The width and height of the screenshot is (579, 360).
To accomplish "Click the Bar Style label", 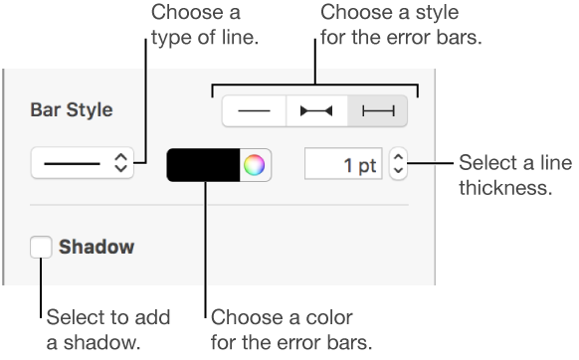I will (72, 109).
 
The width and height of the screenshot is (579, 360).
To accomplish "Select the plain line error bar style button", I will (254, 110).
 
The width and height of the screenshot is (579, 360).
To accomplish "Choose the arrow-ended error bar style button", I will (316, 110).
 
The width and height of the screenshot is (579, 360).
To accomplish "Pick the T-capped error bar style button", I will (378, 110).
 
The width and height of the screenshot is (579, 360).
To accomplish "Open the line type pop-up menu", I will (82, 164).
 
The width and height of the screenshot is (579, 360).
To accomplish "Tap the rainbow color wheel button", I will (256, 165).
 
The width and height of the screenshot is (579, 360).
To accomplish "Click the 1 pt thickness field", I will (343, 165).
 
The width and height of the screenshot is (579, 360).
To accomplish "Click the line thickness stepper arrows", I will (399, 165).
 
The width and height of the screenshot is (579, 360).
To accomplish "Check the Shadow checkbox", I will (42, 246).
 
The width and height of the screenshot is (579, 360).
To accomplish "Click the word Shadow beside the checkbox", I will (96, 246).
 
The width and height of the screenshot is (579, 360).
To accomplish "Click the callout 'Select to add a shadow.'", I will (109, 329).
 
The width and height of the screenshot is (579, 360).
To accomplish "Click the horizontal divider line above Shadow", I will (219, 204).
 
